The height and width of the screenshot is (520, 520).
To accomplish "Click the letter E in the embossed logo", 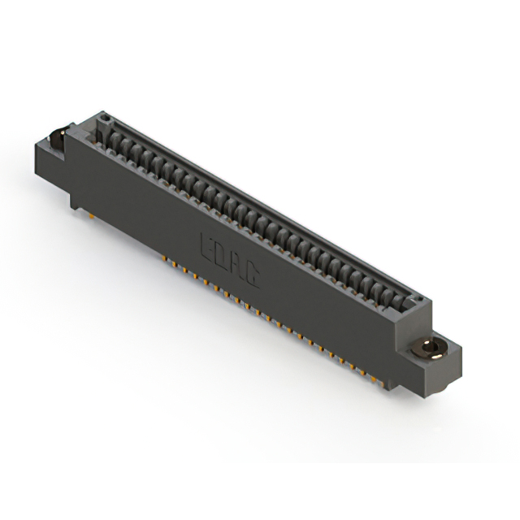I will click(x=206, y=243).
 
